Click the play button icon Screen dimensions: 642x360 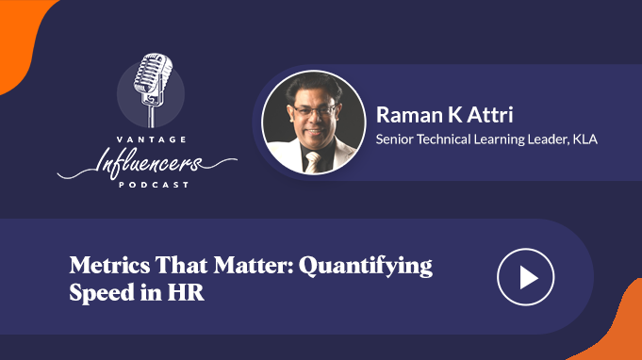(526, 277)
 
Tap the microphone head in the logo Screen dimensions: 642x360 (153, 73)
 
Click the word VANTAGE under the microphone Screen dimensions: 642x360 (152, 139)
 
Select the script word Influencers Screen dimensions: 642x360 (148, 162)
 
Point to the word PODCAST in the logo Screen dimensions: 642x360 (154, 185)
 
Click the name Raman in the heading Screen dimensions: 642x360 (409, 115)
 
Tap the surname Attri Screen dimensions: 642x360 (490, 115)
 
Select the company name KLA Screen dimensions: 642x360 (584, 139)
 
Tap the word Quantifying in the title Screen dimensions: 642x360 (365, 267)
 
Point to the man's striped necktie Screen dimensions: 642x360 (313, 162)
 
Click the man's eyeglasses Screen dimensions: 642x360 (314, 111)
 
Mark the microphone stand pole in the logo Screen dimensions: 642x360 (152, 116)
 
